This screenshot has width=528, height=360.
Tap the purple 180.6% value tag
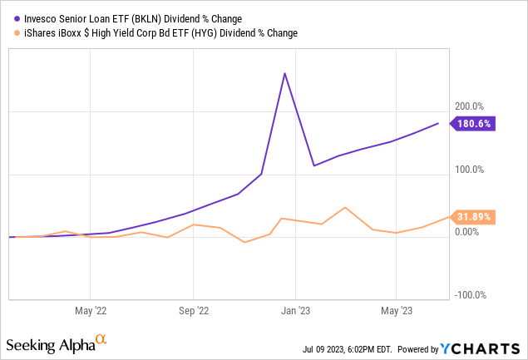(x=472, y=124)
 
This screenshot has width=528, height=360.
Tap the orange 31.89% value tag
(x=471, y=217)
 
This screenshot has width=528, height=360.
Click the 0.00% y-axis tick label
(x=466, y=232)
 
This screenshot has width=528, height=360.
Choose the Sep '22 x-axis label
(x=193, y=311)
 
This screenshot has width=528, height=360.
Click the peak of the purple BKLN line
(x=285, y=73)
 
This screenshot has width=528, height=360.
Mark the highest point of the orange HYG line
(x=344, y=207)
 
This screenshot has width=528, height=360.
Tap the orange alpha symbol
(x=101, y=339)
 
